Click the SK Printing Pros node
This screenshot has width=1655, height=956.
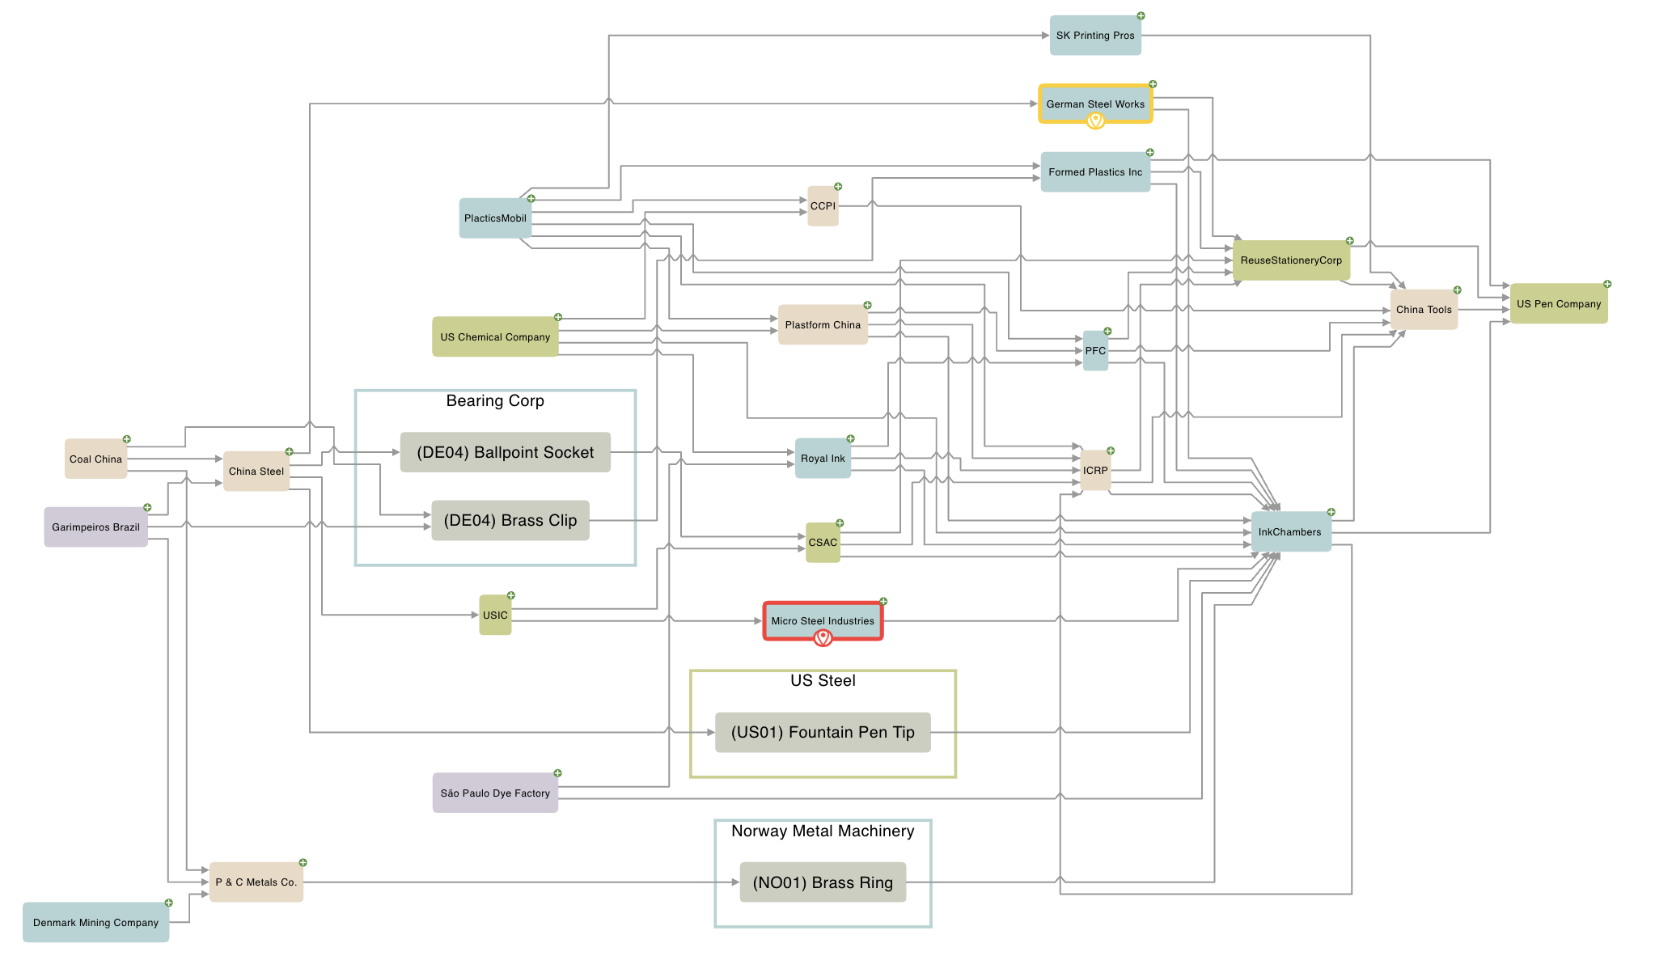coord(1094,36)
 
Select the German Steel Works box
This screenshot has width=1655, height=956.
coord(1094,103)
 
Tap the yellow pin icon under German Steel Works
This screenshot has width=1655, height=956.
coord(1095,121)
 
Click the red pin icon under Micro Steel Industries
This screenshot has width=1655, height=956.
coord(823,638)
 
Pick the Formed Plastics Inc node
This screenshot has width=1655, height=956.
coord(1094,172)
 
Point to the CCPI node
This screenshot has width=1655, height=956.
coord(823,206)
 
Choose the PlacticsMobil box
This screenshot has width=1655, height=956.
coord(495,218)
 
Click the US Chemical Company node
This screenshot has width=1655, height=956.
coord(495,336)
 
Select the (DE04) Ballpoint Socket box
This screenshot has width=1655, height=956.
coord(505,452)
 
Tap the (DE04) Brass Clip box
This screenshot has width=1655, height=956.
coord(510,520)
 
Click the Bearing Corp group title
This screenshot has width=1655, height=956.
coord(495,401)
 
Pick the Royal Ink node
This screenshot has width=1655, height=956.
coord(823,459)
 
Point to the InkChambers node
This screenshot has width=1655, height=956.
coord(1290,532)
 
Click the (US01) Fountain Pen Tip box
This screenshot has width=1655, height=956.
coord(823,733)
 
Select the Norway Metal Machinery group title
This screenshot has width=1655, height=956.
coord(823,831)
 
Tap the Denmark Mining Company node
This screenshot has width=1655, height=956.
coord(95,923)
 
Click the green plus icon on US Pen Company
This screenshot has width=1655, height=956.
coord(1607,284)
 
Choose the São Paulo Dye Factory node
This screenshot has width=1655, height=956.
coord(495,793)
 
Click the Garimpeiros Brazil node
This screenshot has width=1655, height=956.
coord(95,527)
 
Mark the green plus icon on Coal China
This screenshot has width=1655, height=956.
coord(126,439)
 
